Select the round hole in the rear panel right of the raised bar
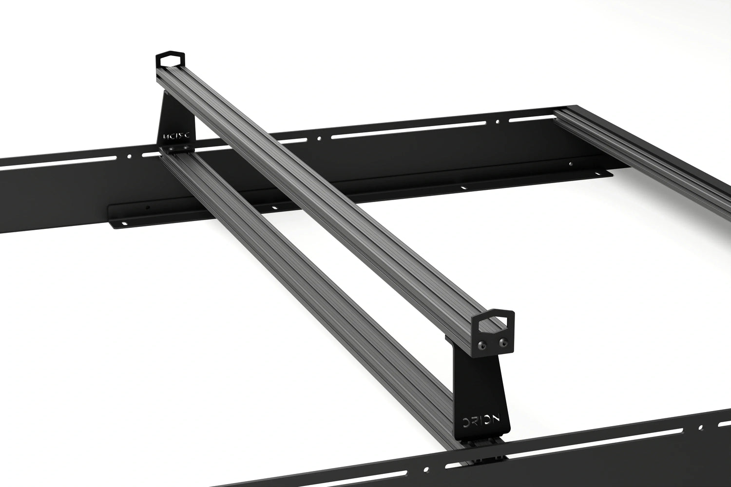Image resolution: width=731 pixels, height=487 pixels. click(318, 138)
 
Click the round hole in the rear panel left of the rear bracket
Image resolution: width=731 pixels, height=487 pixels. click(129, 156)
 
